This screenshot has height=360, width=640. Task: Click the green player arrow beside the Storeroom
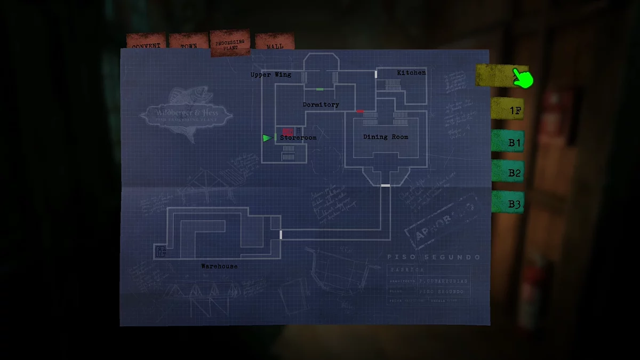pos(267,138)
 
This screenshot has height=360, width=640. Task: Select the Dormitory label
pos(321,105)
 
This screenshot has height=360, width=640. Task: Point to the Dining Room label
pos(386,137)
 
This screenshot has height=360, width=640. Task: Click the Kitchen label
pos(411,73)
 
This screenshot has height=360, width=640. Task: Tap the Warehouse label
pos(219,266)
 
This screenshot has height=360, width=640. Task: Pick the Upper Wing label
pos(271,75)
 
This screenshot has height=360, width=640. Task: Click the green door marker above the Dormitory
pos(320,89)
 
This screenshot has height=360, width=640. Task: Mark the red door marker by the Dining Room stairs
pos(360,111)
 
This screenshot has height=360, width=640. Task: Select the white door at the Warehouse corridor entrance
pos(281,235)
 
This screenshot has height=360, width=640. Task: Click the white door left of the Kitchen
pos(376,74)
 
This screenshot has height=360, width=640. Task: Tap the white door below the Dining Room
pos(385,185)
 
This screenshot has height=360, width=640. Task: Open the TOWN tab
pos(188,43)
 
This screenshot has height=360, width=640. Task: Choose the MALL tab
pos(275,43)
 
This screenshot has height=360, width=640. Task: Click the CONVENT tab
pos(146,43)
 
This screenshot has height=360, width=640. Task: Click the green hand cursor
pos(524,78)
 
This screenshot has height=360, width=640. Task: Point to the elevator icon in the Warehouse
pos(160,251)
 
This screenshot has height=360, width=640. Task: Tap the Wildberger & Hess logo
pos(186,114)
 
